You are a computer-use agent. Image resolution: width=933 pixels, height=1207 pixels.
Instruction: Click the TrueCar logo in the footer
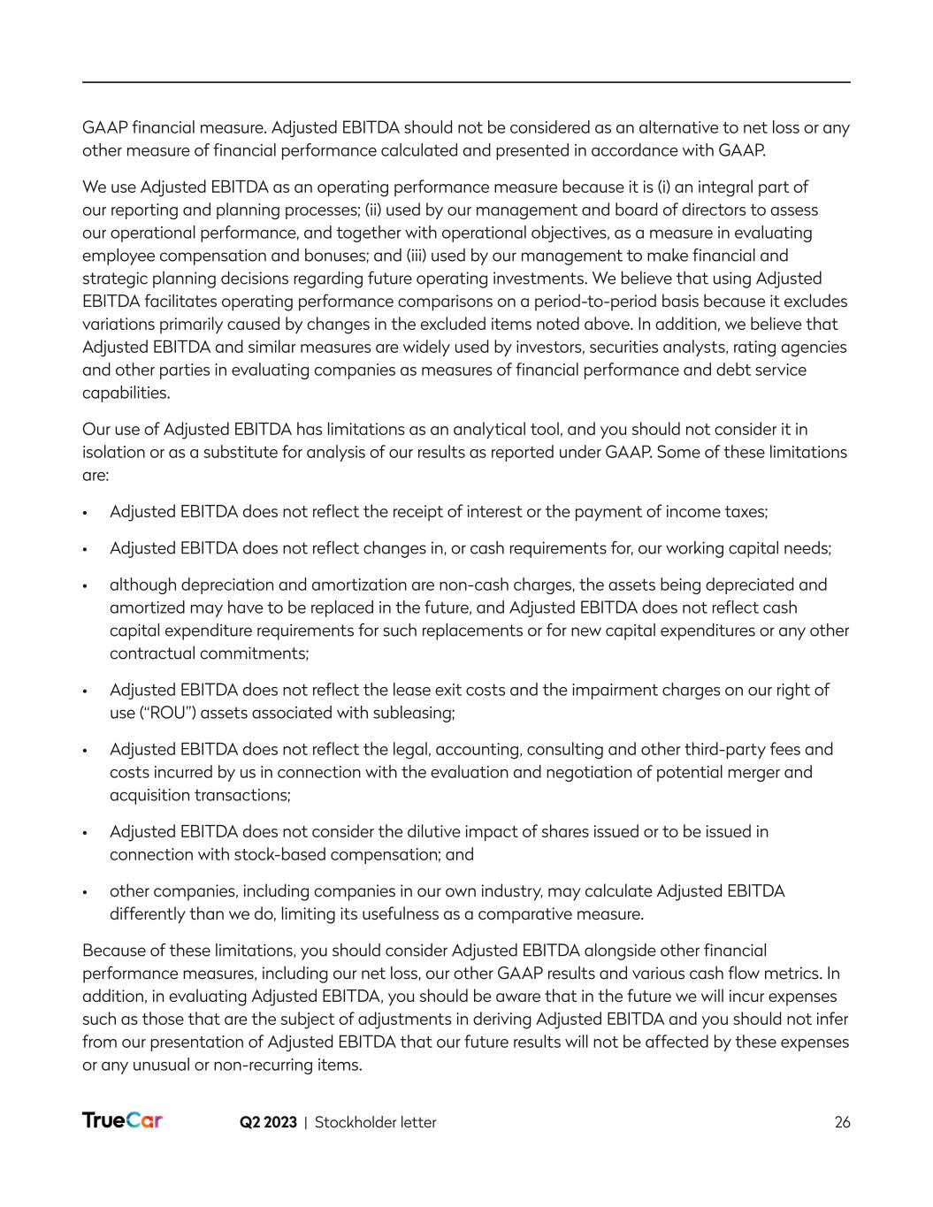coord(122,1120)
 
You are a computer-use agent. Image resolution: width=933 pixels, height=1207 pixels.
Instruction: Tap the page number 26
coord(842,1122)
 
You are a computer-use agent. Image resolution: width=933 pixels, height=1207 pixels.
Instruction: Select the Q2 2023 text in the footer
coord(268,1122)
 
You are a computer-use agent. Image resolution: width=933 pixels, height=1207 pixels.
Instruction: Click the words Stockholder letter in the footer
coord(376,1122)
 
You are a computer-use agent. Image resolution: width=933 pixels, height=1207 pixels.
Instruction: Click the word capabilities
coord(125,393)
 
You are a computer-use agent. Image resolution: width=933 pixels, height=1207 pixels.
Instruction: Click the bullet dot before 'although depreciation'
coord(85,585)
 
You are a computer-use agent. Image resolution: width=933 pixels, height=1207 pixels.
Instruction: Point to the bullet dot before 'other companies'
coord(85,891)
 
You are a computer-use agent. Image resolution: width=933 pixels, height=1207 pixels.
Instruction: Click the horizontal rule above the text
coord(466,82)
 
